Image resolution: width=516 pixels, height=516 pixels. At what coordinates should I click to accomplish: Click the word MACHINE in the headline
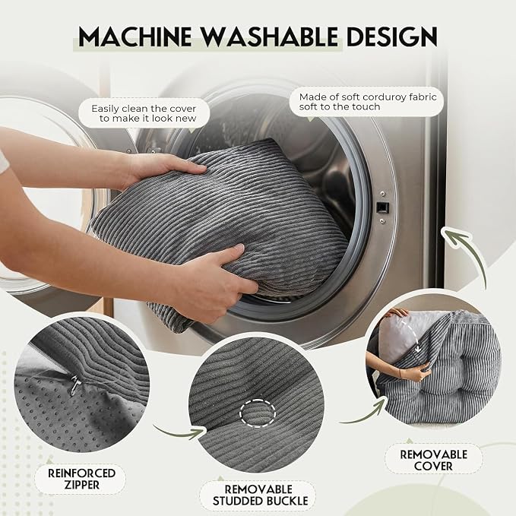[135, 36]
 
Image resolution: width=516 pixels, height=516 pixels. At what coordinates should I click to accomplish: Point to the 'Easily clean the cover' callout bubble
[144, 113]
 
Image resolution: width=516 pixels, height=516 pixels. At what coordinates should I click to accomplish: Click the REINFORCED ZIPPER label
[81, 479]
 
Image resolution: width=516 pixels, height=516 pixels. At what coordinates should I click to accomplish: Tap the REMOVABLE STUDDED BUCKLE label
[260, 495]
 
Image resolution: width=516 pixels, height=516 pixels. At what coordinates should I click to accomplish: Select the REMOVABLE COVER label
[434, 460]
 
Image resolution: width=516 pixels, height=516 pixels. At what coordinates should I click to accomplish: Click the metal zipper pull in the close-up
[75, 385]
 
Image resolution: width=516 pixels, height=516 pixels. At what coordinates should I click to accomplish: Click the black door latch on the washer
[382, 207]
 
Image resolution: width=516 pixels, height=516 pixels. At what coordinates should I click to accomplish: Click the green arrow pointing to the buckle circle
[179, 432]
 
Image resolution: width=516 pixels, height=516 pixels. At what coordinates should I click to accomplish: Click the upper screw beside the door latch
[383, 194]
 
